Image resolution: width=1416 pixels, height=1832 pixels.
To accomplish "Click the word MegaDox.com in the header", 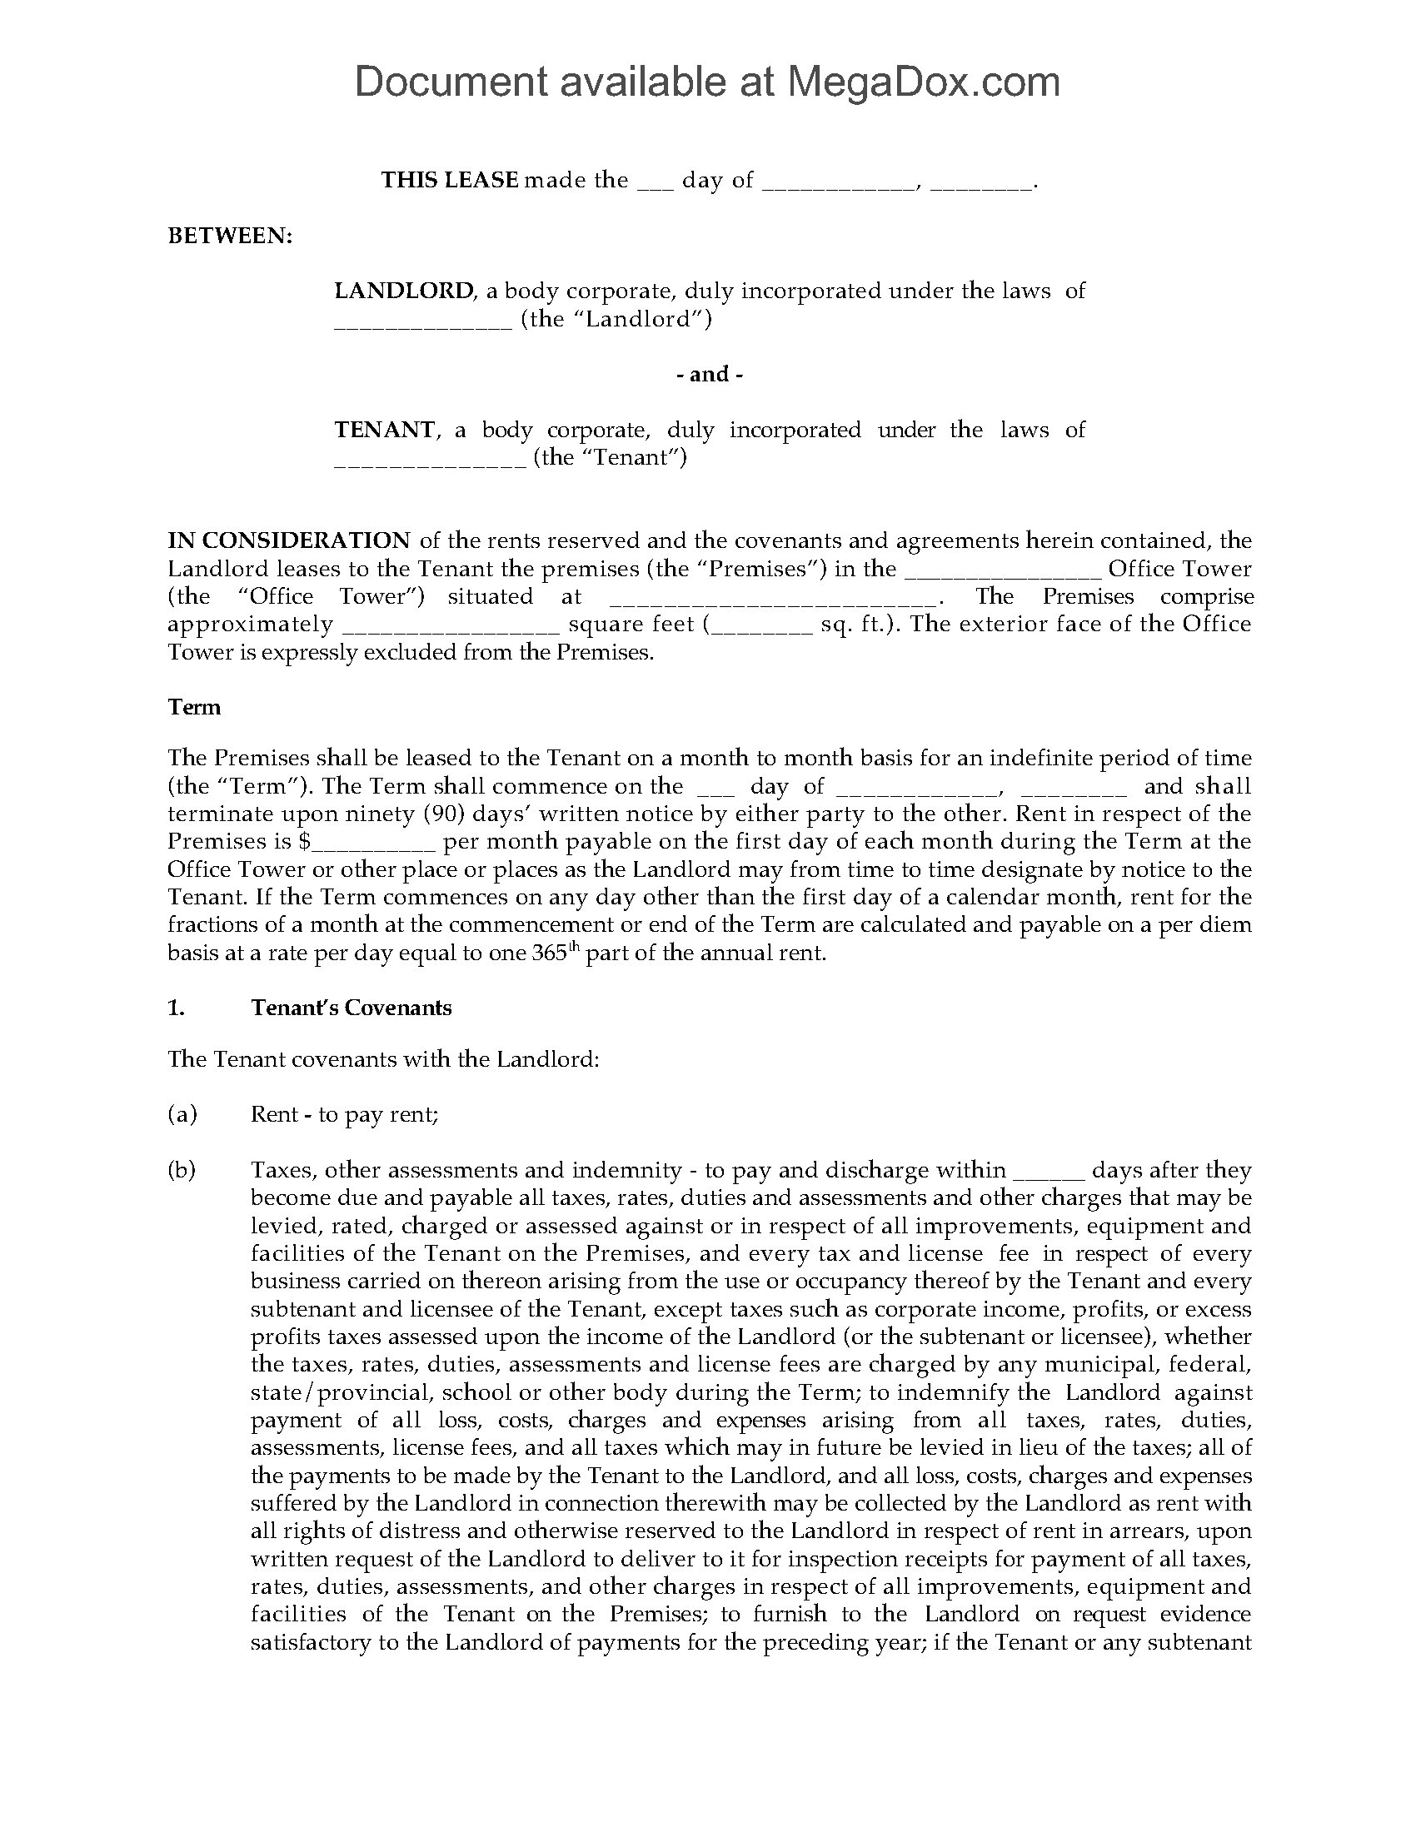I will pos(923,82).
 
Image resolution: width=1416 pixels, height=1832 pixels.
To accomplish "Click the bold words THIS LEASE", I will pos(450,181).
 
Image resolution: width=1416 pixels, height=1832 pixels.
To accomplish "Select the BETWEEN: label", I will pos(231,236).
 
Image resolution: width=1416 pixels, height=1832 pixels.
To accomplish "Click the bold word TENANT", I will pos(385,430).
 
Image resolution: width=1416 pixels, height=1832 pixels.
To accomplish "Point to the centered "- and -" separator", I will pos(709,374).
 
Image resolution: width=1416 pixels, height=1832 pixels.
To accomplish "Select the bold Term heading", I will pos(195,707).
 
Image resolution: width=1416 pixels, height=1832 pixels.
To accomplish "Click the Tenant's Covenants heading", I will pos(351,1008).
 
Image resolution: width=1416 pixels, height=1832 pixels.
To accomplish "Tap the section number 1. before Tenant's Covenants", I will pos(176,1008).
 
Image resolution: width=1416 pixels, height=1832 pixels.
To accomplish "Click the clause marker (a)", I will pos(182,1114).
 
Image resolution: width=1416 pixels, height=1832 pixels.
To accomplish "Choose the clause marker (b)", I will pos(182,1170).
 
